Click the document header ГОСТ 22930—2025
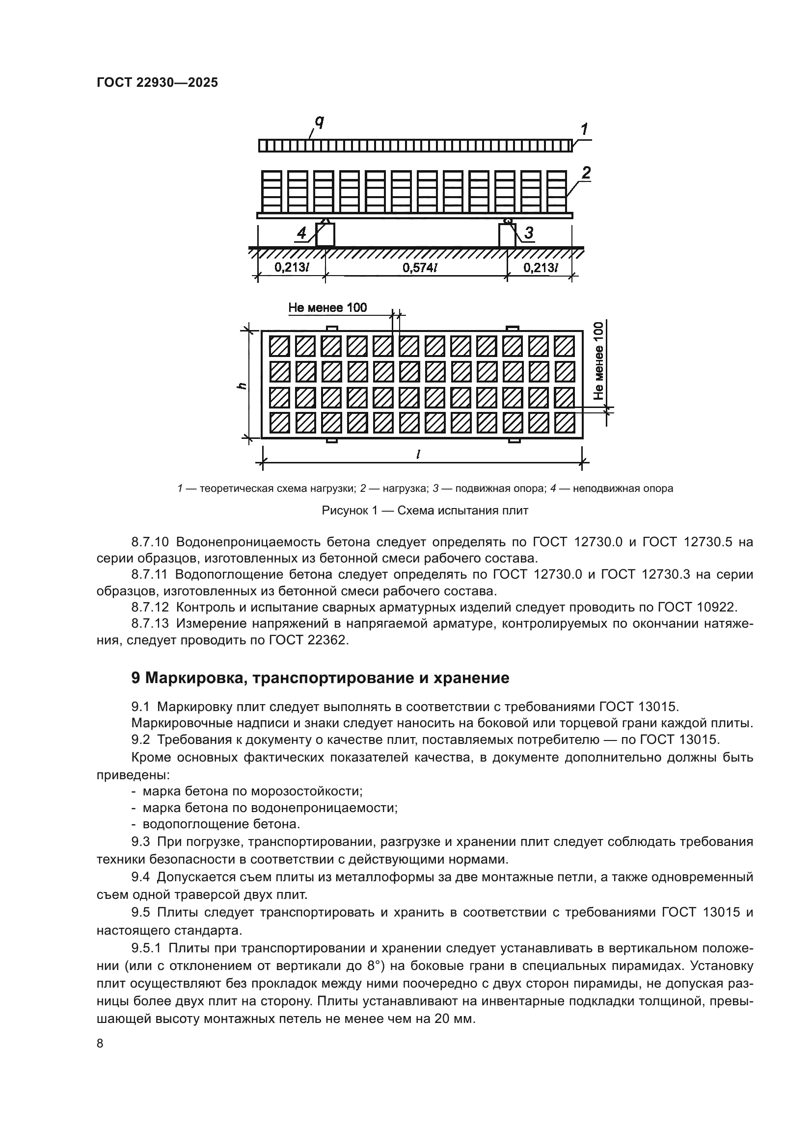tap(157, 82)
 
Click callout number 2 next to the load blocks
tap(586, 173)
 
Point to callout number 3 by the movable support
tap(528, 232)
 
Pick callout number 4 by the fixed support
tap(301, 233)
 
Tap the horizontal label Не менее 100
tap(327, 308)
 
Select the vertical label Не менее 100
tap(598, 361)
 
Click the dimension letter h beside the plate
tap(242, 385)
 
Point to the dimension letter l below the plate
tap(417, 454)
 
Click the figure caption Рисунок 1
tap(425, 510)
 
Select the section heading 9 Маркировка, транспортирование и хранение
tap(320, 677)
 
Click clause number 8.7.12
tap(150, 608)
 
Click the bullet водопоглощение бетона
tap(221, 824)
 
